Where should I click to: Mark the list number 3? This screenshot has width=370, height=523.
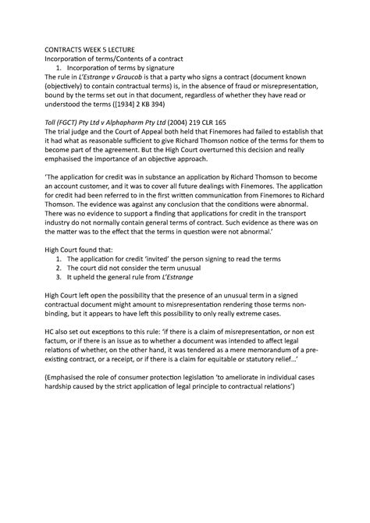tap(71, 320)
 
